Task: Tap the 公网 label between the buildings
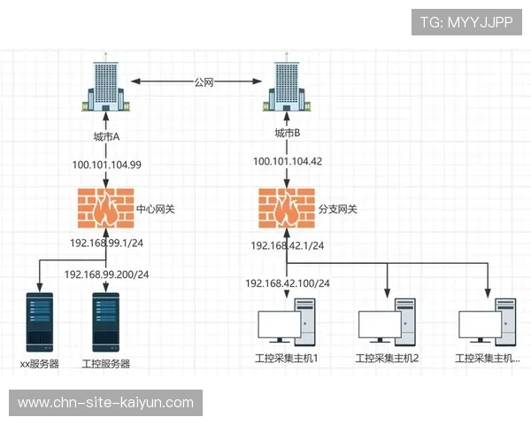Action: [x=204, y=81]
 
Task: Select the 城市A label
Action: [x=106, y=136]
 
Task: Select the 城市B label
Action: [x=287, y=134]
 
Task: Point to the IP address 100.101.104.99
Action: [x=106, y=165]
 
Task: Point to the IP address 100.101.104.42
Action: [x=287, y=161]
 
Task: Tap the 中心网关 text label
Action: [x=156, y=211]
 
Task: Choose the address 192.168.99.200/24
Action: [x=106, y=274]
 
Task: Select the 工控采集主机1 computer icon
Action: [x=287, y=322]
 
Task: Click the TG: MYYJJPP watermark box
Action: [x=466, y=22]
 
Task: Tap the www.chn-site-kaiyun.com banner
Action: [x=106, y=403]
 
